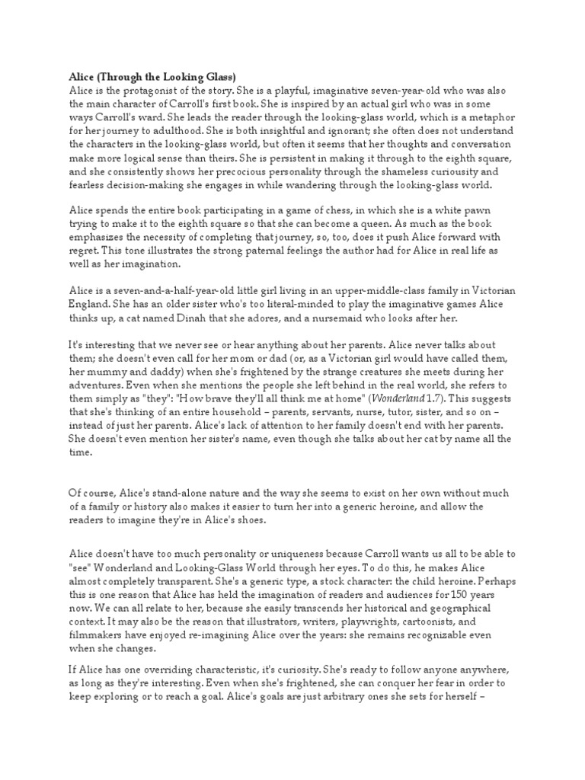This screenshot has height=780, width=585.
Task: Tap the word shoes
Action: coord(246,519)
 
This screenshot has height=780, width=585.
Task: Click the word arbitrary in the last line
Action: coord(343,696)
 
